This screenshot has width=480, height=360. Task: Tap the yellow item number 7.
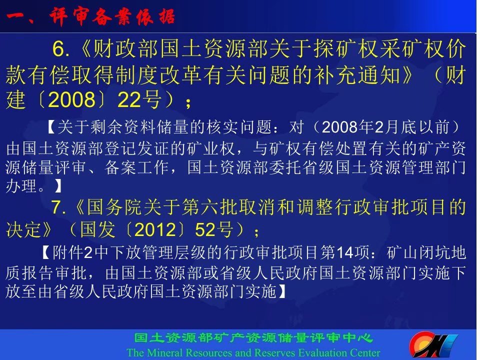pyautogui.click(x=58, y=207)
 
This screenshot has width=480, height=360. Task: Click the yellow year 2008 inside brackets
pyautogui.click(x=71, y=99)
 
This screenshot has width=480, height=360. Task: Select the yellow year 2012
pyautogui.click(x=155, y=229)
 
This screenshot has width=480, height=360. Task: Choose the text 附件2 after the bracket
pyautogui.click(x=72, y=253)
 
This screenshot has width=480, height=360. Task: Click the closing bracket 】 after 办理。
pyautogui.click(x=58, y=186)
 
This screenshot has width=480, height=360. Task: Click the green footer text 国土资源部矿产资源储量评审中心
pyautogui.click(x=253, y=338)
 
